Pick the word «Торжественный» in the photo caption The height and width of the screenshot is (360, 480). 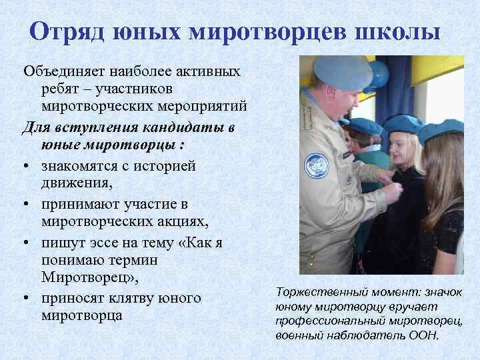313,293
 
